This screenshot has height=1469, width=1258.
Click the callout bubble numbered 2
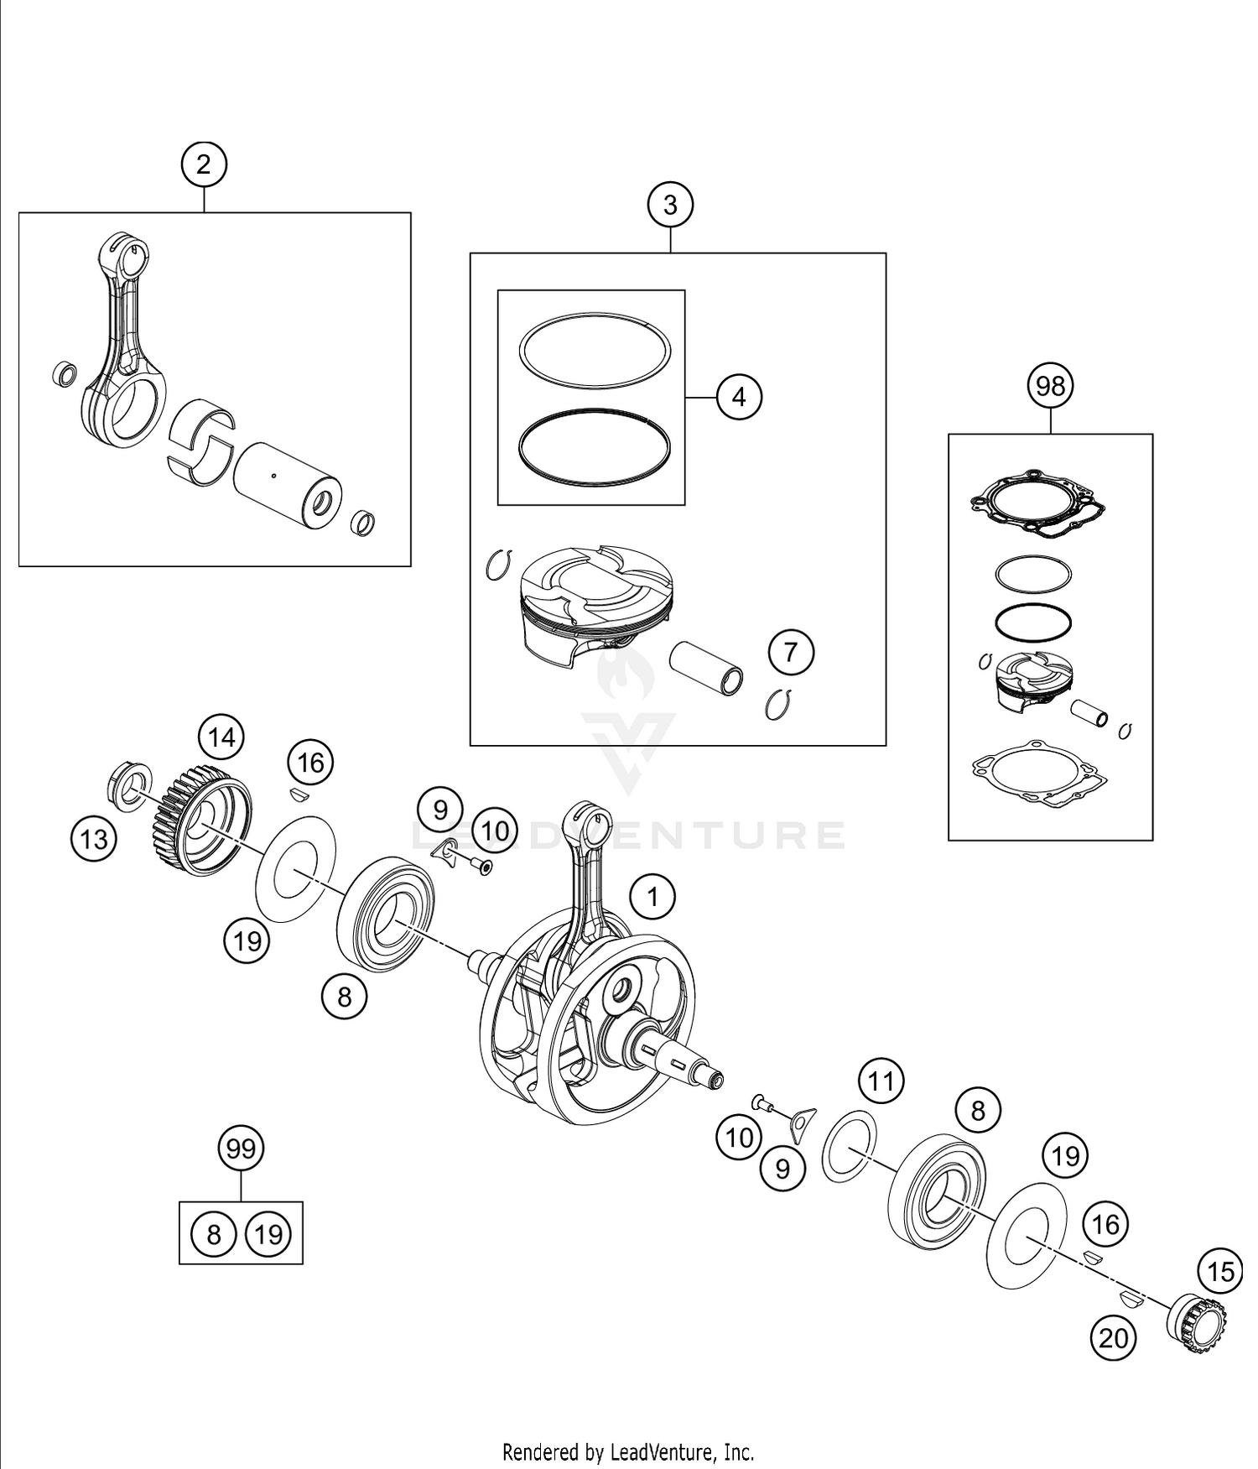click(x=204, y=164)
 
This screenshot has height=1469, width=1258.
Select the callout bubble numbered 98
click(x=1050, y=386)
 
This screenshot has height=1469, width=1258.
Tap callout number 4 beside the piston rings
click(x=739, y=397)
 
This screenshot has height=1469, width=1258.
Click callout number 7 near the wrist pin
click(x=791, y=652)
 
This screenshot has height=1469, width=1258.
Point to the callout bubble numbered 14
click(x=221, y=738)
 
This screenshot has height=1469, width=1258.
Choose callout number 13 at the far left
click(x=94, y=838)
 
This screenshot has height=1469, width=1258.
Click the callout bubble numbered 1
click(x=652, y=899)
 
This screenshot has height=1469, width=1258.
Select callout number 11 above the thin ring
click(x=881, y=1081)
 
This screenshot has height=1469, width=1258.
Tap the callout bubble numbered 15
click(x=1220, y=1272)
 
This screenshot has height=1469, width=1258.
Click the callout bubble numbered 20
click(x=1113, y=1338)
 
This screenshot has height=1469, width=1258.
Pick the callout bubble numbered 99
click(x=241, y=1149)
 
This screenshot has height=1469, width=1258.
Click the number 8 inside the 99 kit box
click(x=213, y=1234)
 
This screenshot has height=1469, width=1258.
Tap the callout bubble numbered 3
click(x=670, y=206)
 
